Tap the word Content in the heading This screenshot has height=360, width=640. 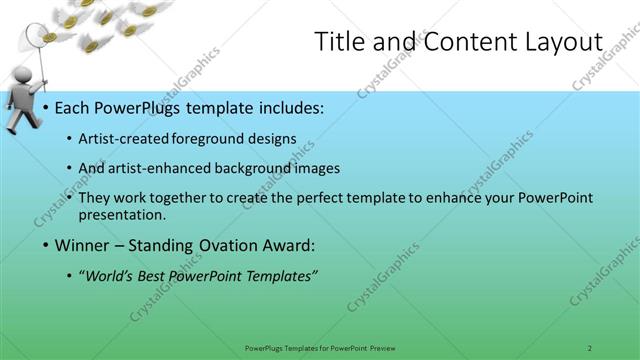(x=461, y=42)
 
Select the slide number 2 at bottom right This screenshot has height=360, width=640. (x=590, y=347)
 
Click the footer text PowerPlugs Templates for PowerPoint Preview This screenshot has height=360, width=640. (x=320, y=347)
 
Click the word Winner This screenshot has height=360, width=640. (x=83, y=245)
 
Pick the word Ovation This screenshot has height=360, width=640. (x=237, y=245)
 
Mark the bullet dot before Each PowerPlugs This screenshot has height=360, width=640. (x=46, y=107)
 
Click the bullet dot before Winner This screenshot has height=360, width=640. (x=46, y=245)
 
